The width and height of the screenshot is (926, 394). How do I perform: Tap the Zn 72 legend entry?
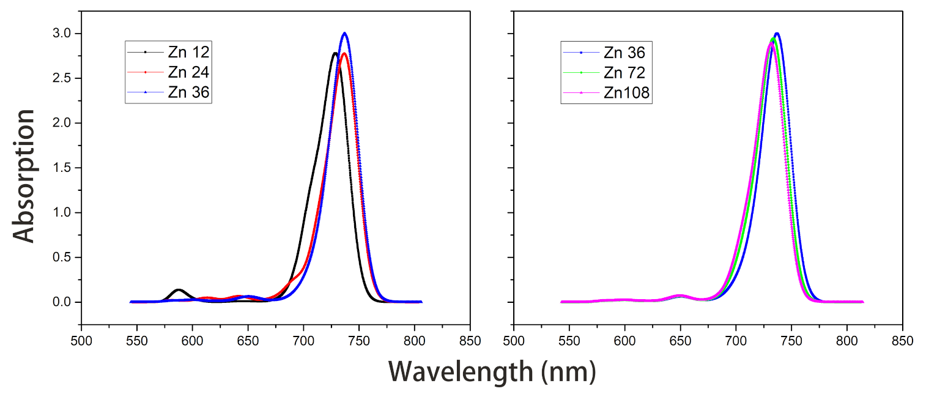click(624, 72)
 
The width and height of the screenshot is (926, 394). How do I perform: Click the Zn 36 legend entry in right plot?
click(624, 52)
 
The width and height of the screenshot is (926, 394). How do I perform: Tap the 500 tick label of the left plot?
click(81, 340)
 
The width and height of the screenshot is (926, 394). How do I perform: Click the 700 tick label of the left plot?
click(303, 340)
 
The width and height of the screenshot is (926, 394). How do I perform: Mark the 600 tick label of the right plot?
click(624, 340)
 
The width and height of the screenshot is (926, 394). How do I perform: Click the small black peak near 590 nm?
click(179, 289)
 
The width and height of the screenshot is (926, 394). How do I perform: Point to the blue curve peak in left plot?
click(344, 33)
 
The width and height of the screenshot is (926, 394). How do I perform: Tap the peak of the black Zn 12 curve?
click(335, 53)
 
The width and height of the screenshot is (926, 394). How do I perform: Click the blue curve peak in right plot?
click(777, 34)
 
